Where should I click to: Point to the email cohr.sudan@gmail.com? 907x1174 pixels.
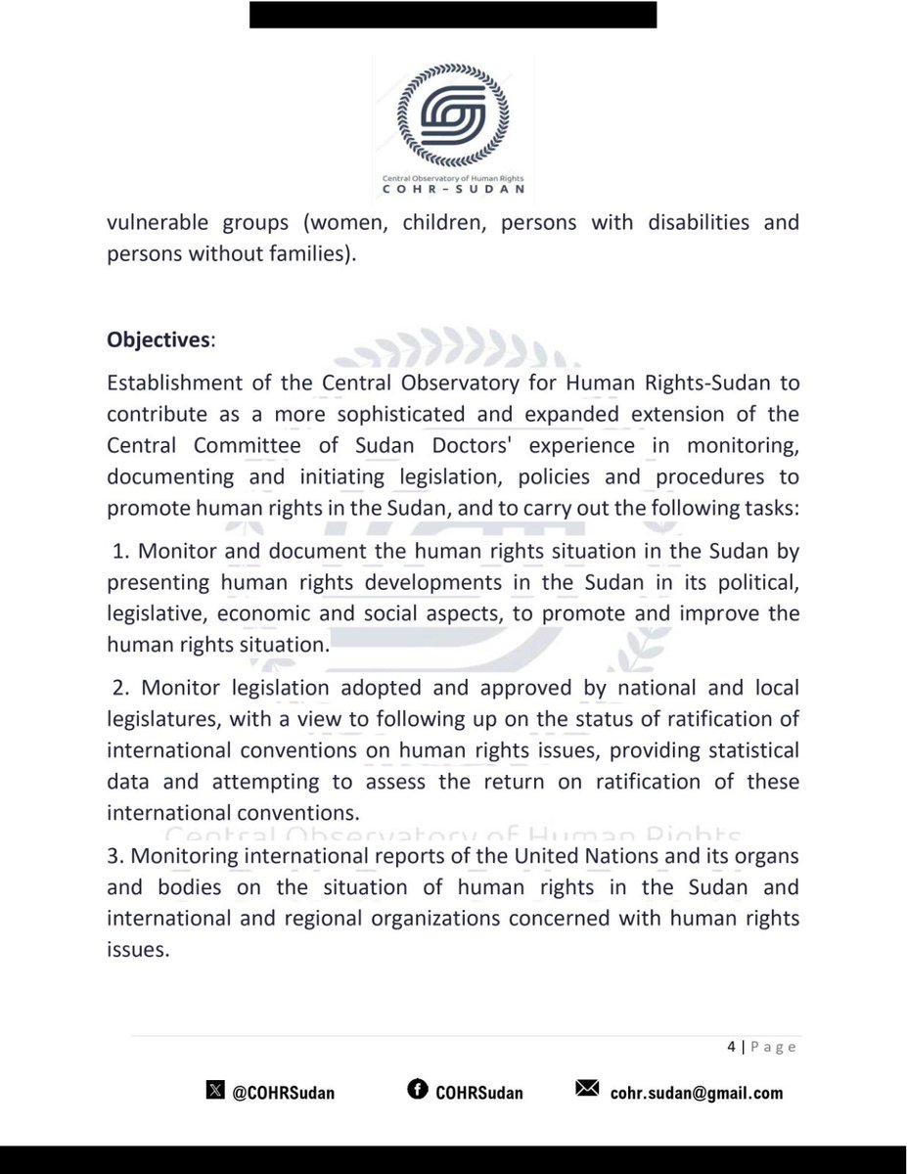(x=695, y=1093)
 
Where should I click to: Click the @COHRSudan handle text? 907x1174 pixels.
(x=284, y=1093)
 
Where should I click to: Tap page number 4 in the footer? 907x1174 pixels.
(x=731, y=1047)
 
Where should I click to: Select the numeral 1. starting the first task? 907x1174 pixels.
(x=123, y=551)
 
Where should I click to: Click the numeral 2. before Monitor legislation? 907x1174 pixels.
(x=123, y=688)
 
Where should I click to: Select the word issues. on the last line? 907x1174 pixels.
(x=136, y=950)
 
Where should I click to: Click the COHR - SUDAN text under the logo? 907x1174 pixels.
(x=453, y=190)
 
